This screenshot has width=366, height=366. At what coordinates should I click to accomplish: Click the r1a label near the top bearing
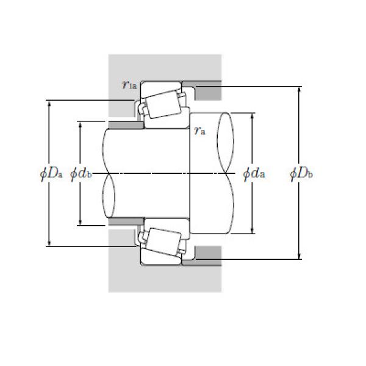click(129, 85)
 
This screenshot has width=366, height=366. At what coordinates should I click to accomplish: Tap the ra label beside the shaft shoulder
click(199, 129)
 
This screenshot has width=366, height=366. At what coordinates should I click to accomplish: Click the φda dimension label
click(254, 174)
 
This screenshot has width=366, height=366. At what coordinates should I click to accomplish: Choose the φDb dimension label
click(301, 174)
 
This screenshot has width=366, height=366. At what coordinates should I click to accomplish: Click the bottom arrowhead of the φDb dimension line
click(299, 257)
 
